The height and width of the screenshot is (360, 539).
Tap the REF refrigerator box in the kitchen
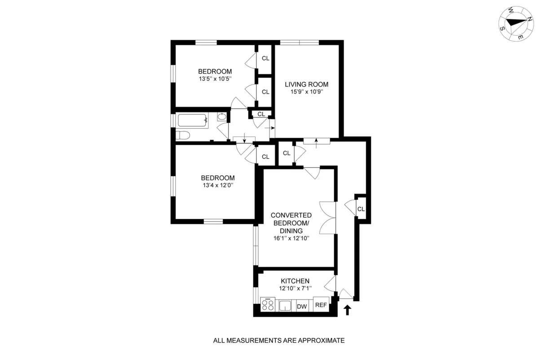click(x=321, y=305)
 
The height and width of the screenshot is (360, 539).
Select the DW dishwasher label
click(x=302, y=307)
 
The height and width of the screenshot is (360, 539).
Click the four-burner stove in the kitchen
click(x=268, y=305)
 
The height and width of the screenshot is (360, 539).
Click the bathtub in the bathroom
click(x=193, y=120)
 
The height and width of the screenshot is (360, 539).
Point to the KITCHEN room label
click(x=296, y=281)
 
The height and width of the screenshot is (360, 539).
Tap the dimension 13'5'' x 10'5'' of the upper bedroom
click(x=215, y=79)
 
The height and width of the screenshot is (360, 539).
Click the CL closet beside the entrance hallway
click(x=361, y=209)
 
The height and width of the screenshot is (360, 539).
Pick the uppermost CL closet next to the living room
click(x=265, y=58)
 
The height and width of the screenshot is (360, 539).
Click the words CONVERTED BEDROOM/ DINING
click(x=291, y=223)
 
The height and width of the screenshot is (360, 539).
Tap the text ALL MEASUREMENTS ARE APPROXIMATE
click(x=278, y=340)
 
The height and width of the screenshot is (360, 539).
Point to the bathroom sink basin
click(x=221, y=117)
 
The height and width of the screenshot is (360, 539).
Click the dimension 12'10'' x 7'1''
click(x=296, y=289)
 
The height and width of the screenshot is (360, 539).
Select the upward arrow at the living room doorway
click(x=316, y=142)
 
